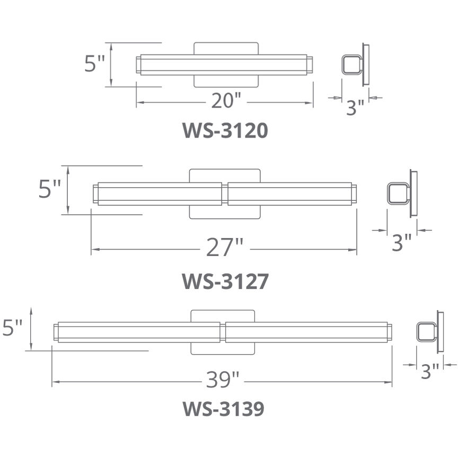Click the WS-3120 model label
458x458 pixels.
point(225,130)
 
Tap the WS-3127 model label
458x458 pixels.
point(225,281)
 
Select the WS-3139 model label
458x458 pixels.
point(223,409)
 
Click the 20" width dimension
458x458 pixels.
point(226,100)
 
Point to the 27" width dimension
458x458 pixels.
point(225,248)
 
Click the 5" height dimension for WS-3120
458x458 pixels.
point(95,64)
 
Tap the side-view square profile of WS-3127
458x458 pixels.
point(397,193)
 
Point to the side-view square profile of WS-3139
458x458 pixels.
point(425,332)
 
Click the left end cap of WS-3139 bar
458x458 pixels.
point(56,332)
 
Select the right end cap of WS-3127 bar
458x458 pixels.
point(354,193)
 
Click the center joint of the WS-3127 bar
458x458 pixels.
point(225,194)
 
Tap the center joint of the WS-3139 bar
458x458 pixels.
point(223,332)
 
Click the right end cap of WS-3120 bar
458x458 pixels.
point(310,65)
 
